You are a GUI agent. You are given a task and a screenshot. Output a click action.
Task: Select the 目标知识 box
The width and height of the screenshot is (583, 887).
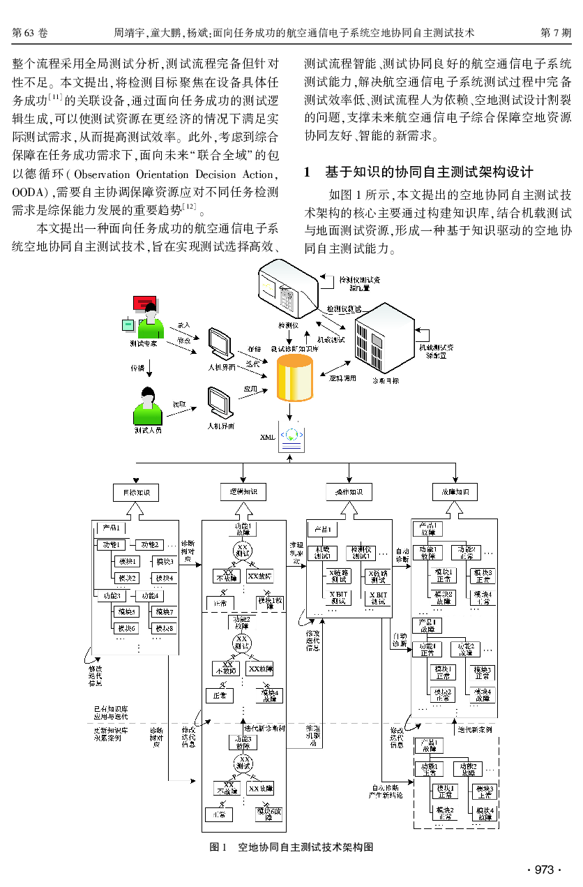(x=136, y=492)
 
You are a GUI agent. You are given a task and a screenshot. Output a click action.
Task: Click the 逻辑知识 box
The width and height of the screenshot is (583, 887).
(x=243, y=491)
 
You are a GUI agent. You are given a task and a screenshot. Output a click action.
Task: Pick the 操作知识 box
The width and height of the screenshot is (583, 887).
(x=349, y=492)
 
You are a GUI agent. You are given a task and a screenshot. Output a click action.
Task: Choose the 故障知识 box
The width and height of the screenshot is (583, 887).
(x=455, y=491)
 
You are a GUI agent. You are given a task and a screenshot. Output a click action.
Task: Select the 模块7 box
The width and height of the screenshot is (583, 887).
(x=165, y=612)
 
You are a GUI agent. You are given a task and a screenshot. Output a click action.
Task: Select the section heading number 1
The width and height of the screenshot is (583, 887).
(x=308, y=172)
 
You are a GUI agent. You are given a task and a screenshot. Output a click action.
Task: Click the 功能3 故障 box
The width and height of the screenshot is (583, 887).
(x=242, y=741)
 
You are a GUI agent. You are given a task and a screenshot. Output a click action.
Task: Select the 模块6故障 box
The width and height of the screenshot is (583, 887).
(x=269, y=813)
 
